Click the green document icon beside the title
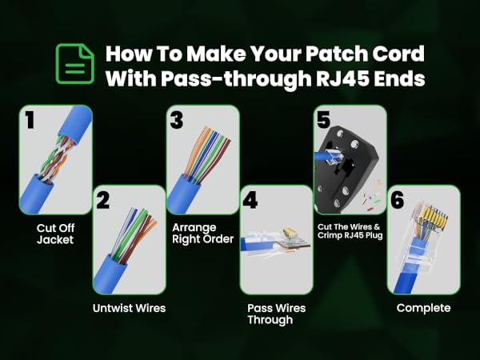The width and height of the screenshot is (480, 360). (x=70, y=65)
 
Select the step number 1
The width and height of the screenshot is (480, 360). (x=30, y=121)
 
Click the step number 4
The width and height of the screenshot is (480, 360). (x=250, y=200)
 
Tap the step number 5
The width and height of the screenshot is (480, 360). (x=322, y=120)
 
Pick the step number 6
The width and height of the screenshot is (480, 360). (x=398, y=200)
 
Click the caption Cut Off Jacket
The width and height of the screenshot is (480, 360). (x=55, y=233)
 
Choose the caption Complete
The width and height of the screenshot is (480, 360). (x=423, y=308)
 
